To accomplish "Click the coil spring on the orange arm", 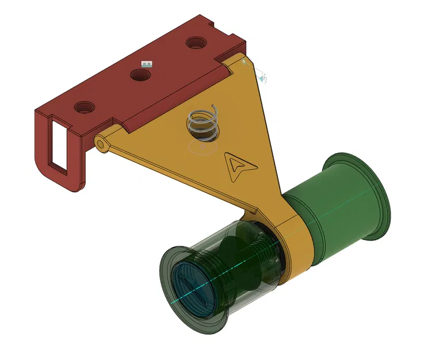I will tap(203, 124).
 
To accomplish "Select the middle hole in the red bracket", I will tap(140, 74).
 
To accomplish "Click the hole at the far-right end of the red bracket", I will tap(196, 43).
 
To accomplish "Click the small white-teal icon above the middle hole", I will tap(147, 64).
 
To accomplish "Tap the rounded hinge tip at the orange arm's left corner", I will tap(101, 143).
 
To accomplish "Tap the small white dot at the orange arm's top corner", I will tap(244, 60).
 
